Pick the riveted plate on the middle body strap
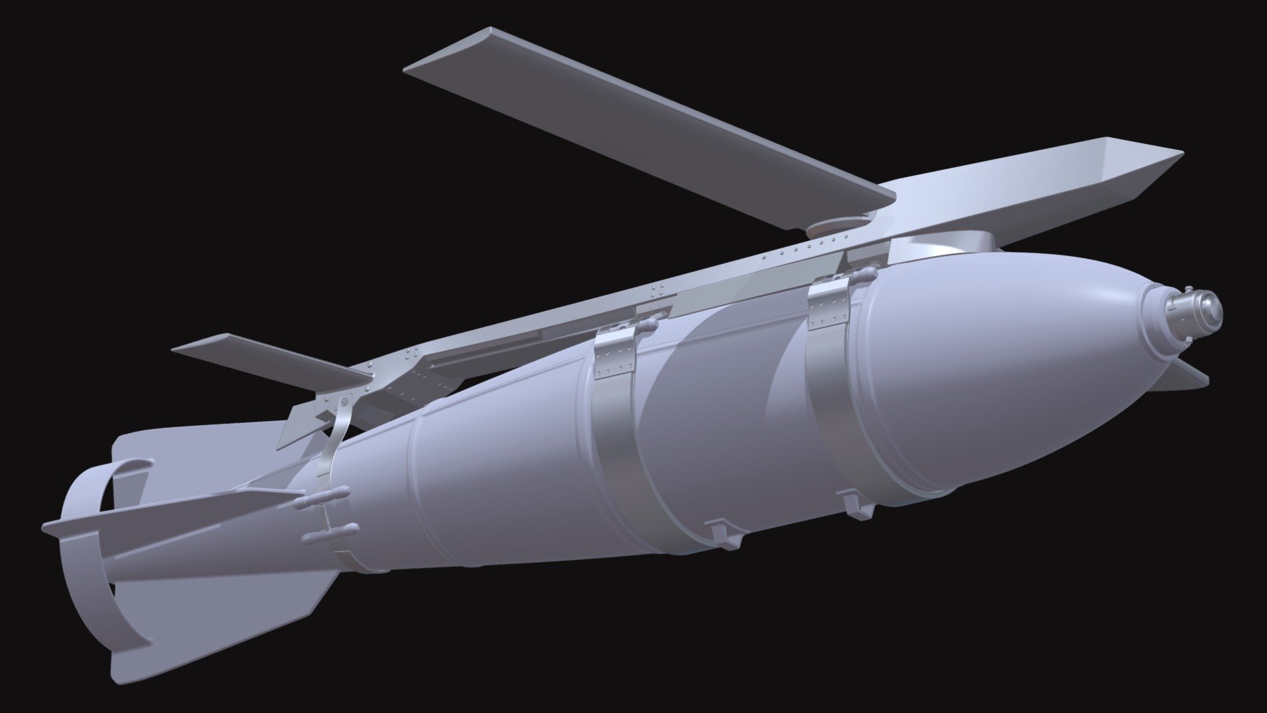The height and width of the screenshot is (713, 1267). pos(614,356)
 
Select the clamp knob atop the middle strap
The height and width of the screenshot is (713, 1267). pos(647,323)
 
